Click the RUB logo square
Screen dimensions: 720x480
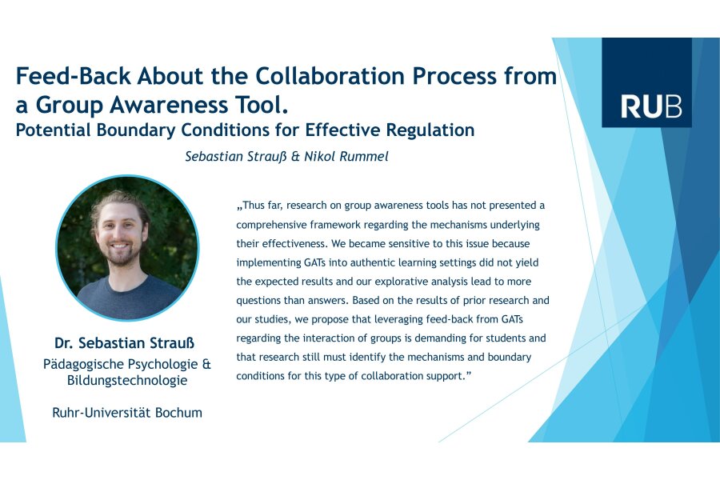point(646,82)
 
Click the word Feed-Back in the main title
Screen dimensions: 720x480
point(74,76)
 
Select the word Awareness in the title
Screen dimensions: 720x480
point(169,105)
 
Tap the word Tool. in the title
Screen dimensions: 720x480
point(262,105)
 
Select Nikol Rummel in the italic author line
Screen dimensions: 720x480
point(346,157)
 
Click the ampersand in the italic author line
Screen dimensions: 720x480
point(295,157)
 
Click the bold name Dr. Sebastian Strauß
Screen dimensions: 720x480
point(125,343)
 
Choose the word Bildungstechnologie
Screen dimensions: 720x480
point(127,381)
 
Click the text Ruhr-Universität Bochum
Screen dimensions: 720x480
point(127,413)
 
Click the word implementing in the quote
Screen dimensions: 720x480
point(269,263)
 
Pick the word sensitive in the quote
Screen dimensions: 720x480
point(415,243)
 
